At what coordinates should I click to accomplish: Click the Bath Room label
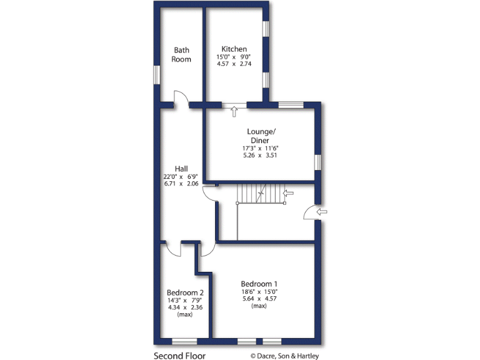[x=182, y=54]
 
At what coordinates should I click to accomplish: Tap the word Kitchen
[x=234, y=49]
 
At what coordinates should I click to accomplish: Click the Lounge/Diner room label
[x=260, y=136]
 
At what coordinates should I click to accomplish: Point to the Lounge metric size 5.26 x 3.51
[x=260, y=156]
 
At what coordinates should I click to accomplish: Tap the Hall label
[x=181, y=169]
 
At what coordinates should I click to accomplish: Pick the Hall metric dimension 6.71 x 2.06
[x=181, y=184]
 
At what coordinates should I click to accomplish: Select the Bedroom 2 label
[x=184, y=292]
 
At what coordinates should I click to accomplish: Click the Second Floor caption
[x=179, y=356]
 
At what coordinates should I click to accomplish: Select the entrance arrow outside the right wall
[x=322, y=212]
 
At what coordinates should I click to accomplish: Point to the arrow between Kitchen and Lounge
[x=234, y=112]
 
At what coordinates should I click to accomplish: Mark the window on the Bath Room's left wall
[x=157, y=74]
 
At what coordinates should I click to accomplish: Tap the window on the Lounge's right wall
[x=317, y=162]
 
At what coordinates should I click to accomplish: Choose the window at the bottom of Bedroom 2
[x=184, y=341]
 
